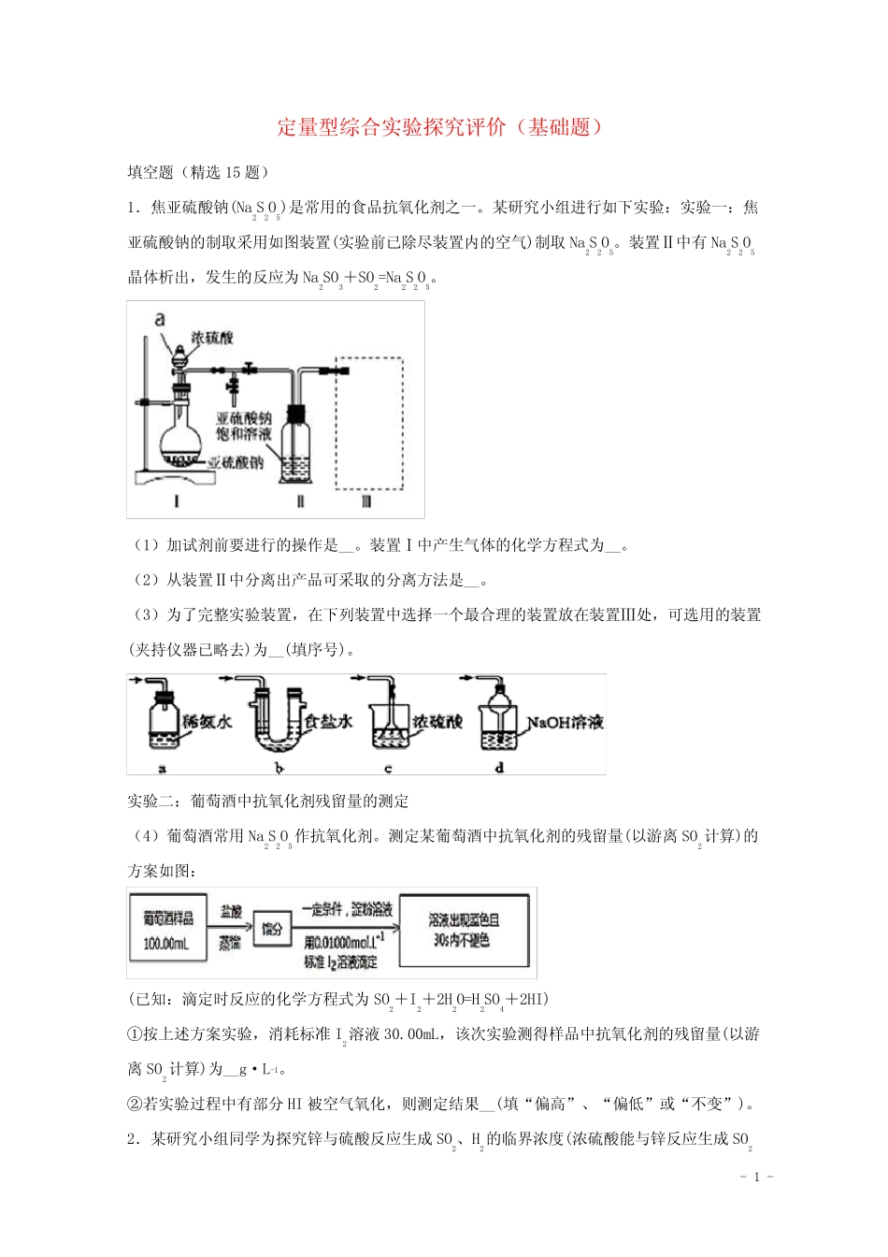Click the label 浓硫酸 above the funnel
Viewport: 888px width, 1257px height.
212,338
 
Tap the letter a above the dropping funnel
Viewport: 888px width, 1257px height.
160,320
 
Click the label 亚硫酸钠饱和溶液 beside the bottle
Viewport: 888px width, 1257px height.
244,426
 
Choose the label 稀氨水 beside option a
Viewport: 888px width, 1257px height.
207,722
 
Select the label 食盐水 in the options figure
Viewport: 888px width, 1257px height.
329,722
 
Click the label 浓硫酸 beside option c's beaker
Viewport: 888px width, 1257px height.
437,722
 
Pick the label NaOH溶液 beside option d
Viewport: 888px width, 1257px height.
565,722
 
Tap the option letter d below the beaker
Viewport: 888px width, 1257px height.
499,767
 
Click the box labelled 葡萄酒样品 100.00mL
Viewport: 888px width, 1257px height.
168,932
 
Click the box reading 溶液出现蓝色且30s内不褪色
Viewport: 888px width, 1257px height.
464,931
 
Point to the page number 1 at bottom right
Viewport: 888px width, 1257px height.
756,1177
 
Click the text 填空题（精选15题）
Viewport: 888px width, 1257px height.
198,172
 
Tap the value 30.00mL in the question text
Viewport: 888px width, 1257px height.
410,1034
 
